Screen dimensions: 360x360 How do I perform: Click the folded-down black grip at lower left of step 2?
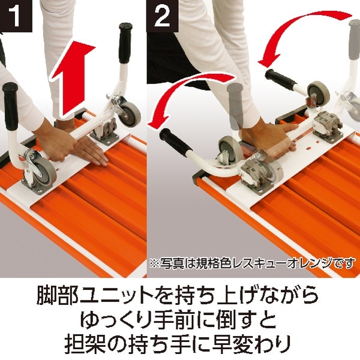173,143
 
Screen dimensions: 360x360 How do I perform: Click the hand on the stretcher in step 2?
270,132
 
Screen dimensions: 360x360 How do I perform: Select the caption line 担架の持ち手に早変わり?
180,344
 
